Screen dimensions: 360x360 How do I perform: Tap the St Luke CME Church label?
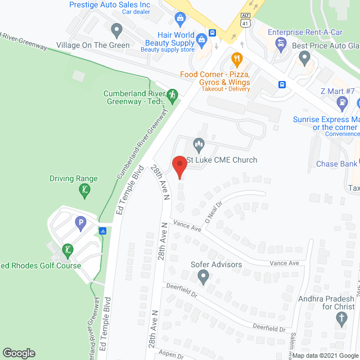[x=222, y=160]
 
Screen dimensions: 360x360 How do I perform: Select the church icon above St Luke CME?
[x=198, y=144]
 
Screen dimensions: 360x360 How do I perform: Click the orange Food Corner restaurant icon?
[x=237, y=58]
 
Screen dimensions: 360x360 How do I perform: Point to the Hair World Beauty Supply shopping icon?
[x=179, y=19]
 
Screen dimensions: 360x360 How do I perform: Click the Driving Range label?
[x=73, y=179]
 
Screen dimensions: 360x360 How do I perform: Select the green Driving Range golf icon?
[x=84, y=192]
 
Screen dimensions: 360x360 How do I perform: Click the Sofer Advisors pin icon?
[x=204, y=276]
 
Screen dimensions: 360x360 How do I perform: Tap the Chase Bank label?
[x=336, y=164]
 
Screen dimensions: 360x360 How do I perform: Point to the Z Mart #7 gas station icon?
[x=341, y=102]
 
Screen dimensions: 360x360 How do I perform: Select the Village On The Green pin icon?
[x=116, y=29]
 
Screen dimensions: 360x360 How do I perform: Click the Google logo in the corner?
[x=19, y=353]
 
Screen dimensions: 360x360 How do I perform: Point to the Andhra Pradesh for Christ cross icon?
[x=341, y=319]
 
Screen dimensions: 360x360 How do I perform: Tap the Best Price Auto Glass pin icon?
[x=304, y=57]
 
